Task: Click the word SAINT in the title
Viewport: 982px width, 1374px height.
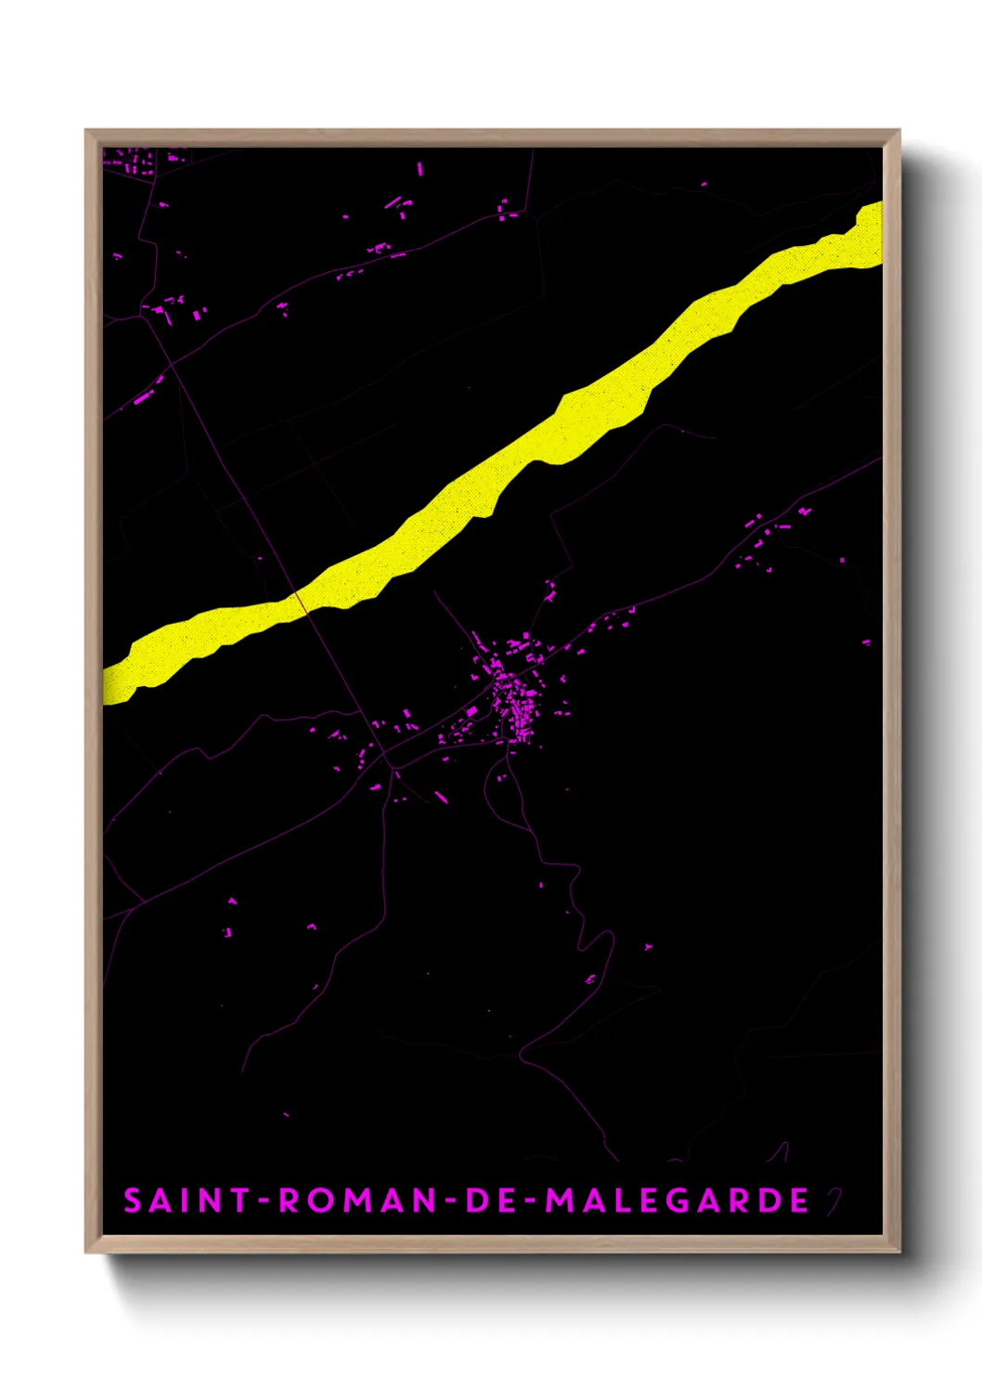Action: coord(183,1200)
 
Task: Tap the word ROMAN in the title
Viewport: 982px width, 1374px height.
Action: coord(356,1200)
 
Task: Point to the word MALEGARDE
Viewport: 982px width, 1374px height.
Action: coord(677,1200)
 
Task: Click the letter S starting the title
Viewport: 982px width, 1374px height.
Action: coord(133,1200)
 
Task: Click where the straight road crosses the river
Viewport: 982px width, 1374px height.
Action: coord(300,602)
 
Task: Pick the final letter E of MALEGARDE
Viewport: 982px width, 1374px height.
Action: coord(799,1200)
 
